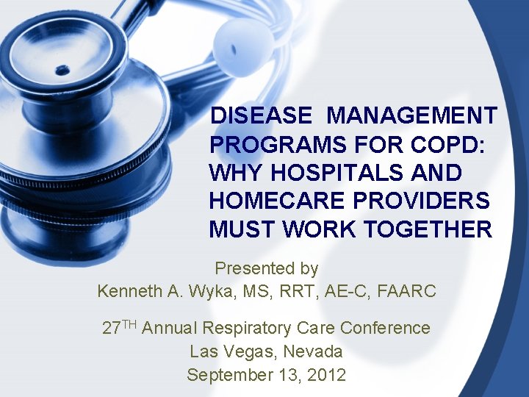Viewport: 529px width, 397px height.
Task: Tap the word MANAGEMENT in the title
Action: pos(412,116)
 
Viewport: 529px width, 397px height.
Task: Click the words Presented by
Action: pos(266,268)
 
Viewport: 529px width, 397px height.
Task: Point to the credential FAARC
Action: pos(406,291)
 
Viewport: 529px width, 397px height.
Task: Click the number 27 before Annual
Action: pos(112,328)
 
